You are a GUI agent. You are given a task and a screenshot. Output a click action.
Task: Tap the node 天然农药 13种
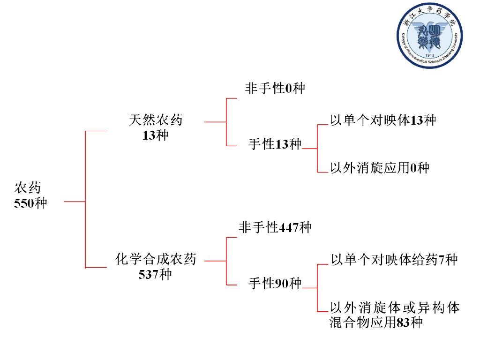coord(156,127)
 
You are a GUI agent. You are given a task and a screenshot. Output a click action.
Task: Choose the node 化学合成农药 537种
coord(156,266)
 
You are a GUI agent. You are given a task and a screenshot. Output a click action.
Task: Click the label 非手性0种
coord(275,88)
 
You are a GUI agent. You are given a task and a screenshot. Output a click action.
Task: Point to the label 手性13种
coord(275,144)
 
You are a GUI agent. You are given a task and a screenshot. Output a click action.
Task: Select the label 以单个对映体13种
coord(383,120)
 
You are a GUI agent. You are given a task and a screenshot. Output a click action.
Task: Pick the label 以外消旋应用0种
coord(379,167)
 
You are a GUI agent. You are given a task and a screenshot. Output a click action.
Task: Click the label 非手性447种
coord(275,228)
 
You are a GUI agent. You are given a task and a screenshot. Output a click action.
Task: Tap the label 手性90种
coord(275,283)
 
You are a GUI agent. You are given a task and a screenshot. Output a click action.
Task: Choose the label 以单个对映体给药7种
coord(394,259)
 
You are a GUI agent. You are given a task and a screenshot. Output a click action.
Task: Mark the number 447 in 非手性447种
coord(289,228)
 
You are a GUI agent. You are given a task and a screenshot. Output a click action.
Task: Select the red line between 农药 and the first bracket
coord(74,202)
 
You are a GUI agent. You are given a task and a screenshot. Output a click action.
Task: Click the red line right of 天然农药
coord(215,121)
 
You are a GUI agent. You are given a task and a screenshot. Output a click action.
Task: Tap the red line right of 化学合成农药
coord(215,261)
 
